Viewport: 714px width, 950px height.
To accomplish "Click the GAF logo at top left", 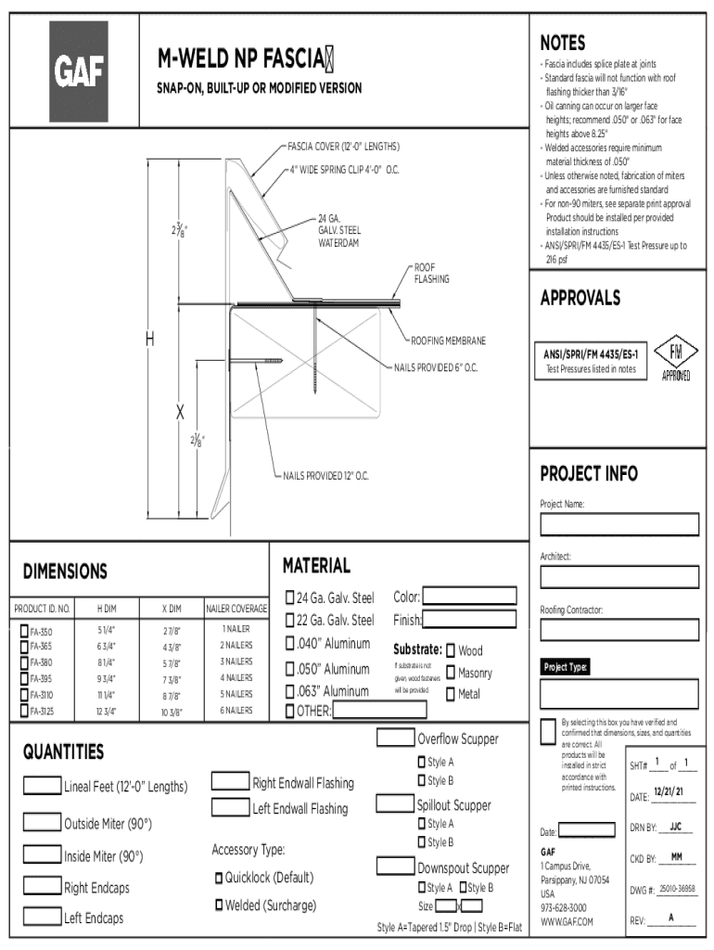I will click(79, 71).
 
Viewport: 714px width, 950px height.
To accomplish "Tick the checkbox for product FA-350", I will click(23, 631).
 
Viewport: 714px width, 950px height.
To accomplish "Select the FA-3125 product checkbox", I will click(23, 711).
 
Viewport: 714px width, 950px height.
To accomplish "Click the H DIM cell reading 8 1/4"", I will click(107, 663).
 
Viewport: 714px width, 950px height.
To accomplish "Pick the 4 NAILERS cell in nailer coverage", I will click(236, 678).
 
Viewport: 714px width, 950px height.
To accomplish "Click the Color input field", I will click(469, 597).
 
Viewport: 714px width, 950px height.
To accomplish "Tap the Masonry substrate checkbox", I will click(451, 673).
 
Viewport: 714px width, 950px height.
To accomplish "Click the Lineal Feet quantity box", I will click(42, 786).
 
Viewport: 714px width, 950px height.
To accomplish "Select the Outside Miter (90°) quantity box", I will click(42, 822).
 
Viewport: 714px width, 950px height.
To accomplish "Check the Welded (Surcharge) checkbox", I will click(220, 905).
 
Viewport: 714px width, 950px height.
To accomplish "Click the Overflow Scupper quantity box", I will click(395, 738).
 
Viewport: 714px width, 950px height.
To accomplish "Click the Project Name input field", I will click(619, 526).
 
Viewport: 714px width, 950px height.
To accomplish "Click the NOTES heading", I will click(563, 43).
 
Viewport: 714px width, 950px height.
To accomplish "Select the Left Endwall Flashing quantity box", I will click(231, 808).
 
